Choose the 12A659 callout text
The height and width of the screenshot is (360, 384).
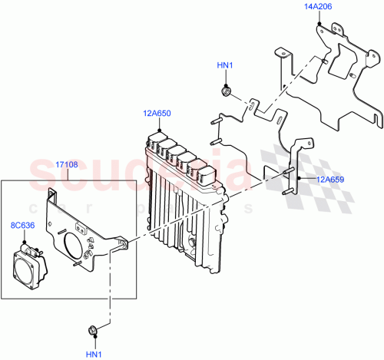(328, 180)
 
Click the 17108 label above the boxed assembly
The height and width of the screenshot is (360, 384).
(68, 164)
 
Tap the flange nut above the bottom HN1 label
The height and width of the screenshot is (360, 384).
(92, 331)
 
